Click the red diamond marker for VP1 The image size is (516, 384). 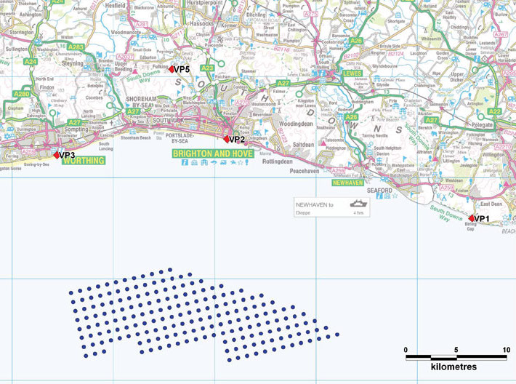point(471,218)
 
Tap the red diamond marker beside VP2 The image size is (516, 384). point(226,139)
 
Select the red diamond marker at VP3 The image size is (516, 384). point(57,155)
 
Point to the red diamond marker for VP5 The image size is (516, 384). point(172,69)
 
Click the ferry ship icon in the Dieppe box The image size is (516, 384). point(357,205)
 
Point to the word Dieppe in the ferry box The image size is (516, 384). point(304,214)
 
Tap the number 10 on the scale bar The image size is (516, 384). point(506,350)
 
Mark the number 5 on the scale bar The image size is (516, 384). point(456,350)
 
